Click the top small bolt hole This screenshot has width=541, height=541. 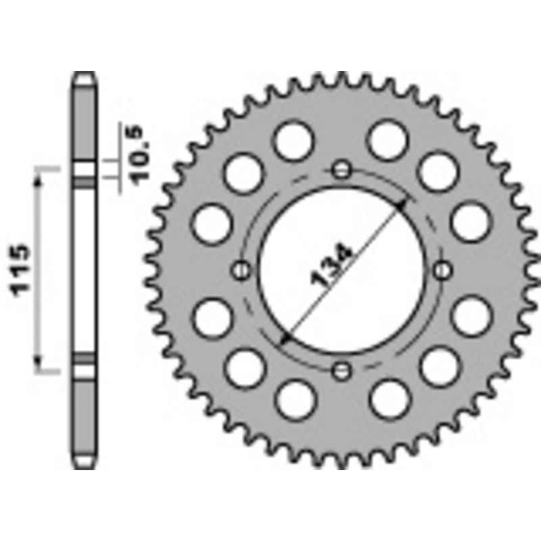(343, 169)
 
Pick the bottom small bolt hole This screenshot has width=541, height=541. (343, 370)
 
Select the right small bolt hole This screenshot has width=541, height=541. (443, 270)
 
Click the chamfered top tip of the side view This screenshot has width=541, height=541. (85, 75)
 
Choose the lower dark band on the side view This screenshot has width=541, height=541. (85, 357)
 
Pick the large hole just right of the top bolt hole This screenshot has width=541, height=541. (389, 141)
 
